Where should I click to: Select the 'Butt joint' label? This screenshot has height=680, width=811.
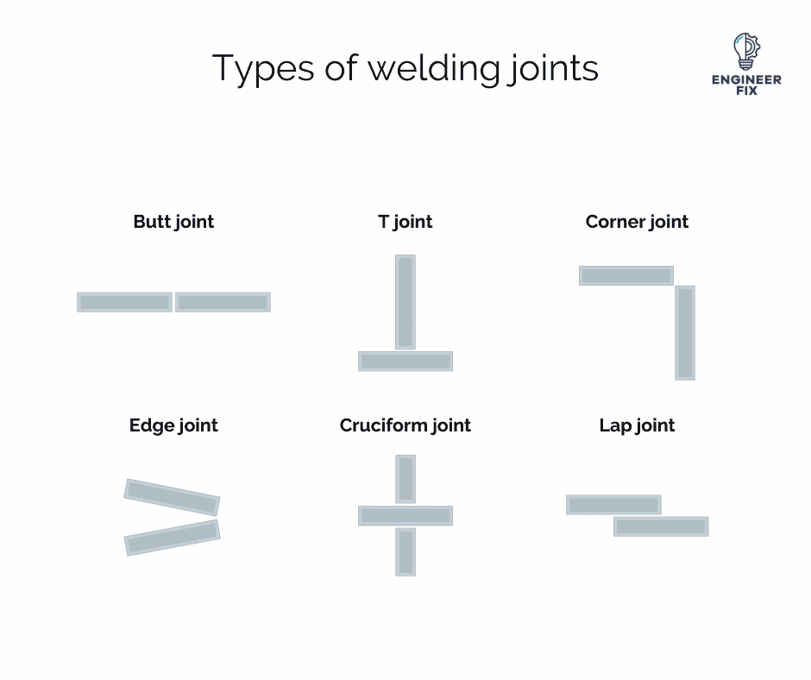tap(173, 222)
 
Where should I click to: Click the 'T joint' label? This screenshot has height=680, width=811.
tap(405, 222)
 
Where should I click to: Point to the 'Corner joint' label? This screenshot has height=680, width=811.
tap(637, 222)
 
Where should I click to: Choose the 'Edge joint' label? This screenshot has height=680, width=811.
tap(173, 425)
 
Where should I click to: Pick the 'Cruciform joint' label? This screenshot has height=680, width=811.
tap(405, 425)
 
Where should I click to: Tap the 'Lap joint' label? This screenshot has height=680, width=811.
tap(637, 425)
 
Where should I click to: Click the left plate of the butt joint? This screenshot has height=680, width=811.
tap(124, 302)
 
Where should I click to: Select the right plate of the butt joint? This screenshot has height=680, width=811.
tap(223, 302)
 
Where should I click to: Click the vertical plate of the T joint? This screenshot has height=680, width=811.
tap(405, 301)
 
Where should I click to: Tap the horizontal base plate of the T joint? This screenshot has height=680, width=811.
tap(405, 361)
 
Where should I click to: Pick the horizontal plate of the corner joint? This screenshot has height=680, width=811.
tap(626, 275)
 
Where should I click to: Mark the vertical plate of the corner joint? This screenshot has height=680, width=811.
tap(685, 332)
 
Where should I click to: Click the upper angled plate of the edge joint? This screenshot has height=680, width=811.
tap(172, 497)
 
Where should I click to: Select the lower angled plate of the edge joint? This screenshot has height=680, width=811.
tap(172, 537)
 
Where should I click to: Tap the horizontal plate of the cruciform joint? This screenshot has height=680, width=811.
tap(405, 515)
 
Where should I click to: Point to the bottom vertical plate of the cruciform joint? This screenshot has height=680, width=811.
tap(405, 551)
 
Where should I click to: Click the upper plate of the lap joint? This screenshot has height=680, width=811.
tap(613, 504)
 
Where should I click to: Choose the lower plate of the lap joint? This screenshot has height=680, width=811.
tap(661, 526)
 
